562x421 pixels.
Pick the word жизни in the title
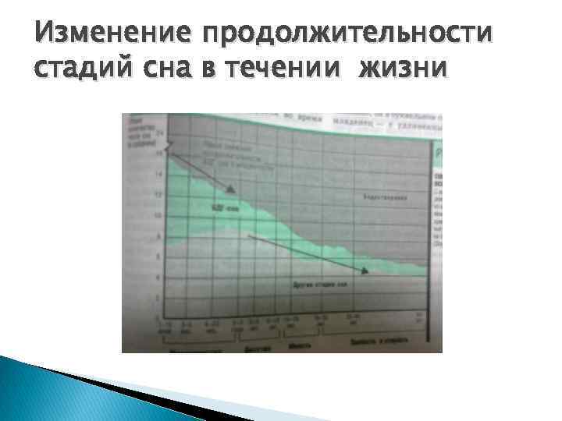(x=403, y=69)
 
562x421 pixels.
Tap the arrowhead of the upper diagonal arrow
(x=231, y=189)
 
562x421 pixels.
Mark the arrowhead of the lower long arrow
(x=364, y=271)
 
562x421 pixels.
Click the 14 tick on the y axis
(x=158, y=173)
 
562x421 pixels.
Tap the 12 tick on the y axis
(x=158, y=193)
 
